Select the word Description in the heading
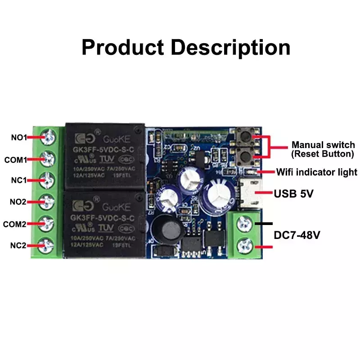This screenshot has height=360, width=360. [x=229, y=47]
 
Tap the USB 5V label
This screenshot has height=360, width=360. [x=294, y=194]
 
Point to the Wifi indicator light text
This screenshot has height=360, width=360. [x=317, y=172]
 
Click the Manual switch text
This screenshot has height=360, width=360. [x=323, y=145]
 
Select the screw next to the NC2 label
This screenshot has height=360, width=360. [x=49, y=245]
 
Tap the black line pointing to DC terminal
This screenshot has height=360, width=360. [x=264, y=223]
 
